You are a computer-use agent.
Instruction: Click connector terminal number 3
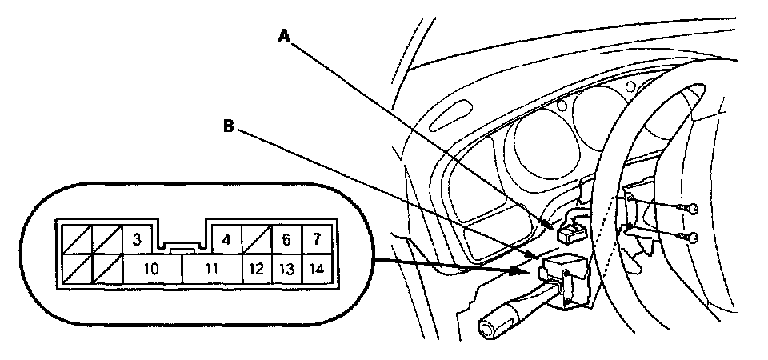click(x=137, y=238)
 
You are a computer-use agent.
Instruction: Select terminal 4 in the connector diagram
click(x=226, y=238)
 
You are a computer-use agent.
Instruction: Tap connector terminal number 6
click(x=286, y=238)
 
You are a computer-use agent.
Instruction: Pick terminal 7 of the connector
click(x=318, y=238)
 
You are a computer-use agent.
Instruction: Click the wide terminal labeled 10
click(x=152, y=269)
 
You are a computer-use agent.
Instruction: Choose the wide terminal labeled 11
click(x=211, y=269)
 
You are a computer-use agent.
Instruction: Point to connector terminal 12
click(x=256, y=269)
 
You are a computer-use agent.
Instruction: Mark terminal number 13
click(x=286, y=269)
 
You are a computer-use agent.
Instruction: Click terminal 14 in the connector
click(x=318, y=269)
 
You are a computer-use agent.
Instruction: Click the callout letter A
click(x=282, y=34)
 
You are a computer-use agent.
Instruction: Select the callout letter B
click(x=229, y=126)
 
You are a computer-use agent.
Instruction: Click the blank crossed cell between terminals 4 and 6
click(x=256, y=238)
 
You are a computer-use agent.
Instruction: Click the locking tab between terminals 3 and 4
click(x=182, y=248)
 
